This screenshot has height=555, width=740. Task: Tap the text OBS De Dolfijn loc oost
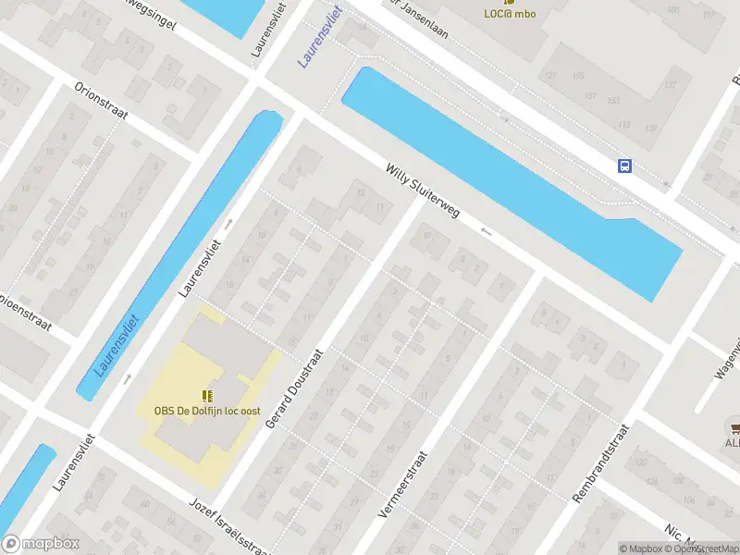coord(207,412)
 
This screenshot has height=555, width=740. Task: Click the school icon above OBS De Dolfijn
coord(207,395)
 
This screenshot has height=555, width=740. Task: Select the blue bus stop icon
coord(625,166)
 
